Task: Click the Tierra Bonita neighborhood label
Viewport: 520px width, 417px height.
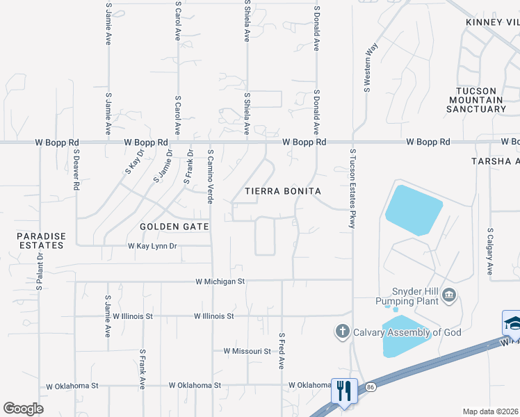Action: coord(282,190)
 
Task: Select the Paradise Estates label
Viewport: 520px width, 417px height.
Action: coord(42,240)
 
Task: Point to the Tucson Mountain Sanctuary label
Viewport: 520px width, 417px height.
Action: coord(486,100)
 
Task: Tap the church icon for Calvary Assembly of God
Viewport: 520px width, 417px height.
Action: coord(342,332)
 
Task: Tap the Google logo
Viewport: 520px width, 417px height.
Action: coord(24,409)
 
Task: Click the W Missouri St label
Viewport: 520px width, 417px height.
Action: coord(247,352)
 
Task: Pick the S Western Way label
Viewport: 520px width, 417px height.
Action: coord(371,67)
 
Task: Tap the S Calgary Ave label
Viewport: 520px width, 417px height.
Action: coord(490,250)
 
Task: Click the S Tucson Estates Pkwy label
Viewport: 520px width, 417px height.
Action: coord(352,188)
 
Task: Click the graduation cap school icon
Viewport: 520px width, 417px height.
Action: coord(511,322)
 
